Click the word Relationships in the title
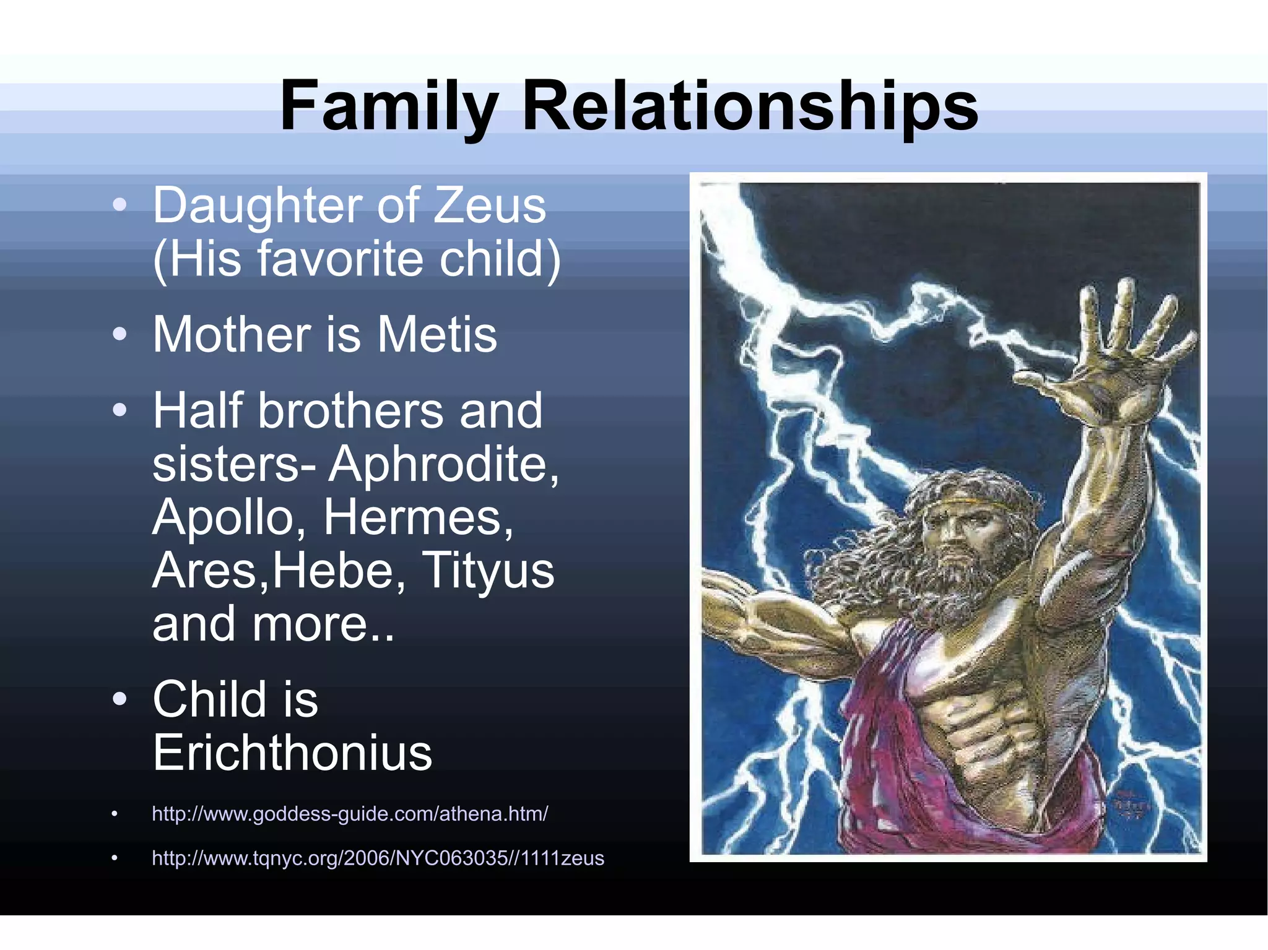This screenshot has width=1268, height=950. [750, 106]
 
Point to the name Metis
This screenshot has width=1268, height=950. [437, 335]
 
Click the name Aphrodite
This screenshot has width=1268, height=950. [443, 464]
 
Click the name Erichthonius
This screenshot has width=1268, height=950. [292, 753]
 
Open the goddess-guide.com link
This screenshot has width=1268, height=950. [350, 814]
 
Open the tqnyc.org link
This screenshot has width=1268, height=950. [378, 858]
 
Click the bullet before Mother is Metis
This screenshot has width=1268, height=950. [120, 335]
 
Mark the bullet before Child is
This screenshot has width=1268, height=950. [120, 699]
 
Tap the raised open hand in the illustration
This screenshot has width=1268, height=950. [1114, 359]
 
